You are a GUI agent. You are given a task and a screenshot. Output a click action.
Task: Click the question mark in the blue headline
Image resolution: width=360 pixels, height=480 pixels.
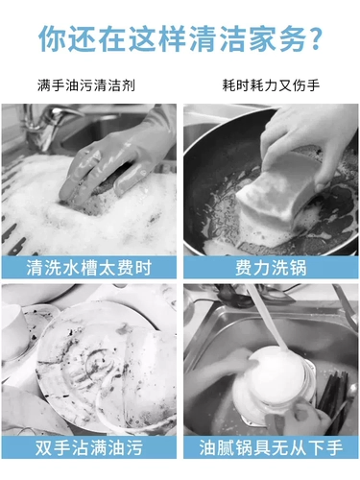coord(316,39)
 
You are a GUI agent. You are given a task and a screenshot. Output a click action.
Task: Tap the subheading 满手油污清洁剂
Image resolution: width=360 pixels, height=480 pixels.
coord(86,85)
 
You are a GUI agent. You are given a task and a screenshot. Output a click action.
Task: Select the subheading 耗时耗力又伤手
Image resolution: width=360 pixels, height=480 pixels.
coord(271,85)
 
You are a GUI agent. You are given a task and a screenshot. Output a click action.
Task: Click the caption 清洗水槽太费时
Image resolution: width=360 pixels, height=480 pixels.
coord(88,268)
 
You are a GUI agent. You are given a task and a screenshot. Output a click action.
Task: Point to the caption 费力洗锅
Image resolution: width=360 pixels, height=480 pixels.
coord(271,268)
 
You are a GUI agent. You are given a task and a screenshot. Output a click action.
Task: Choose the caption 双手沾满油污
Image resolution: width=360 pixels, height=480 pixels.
coord(88,447)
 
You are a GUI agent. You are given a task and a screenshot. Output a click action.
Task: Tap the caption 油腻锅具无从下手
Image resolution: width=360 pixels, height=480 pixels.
coord(271,447)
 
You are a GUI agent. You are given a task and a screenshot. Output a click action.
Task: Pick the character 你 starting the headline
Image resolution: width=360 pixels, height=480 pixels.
coord(52,39)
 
